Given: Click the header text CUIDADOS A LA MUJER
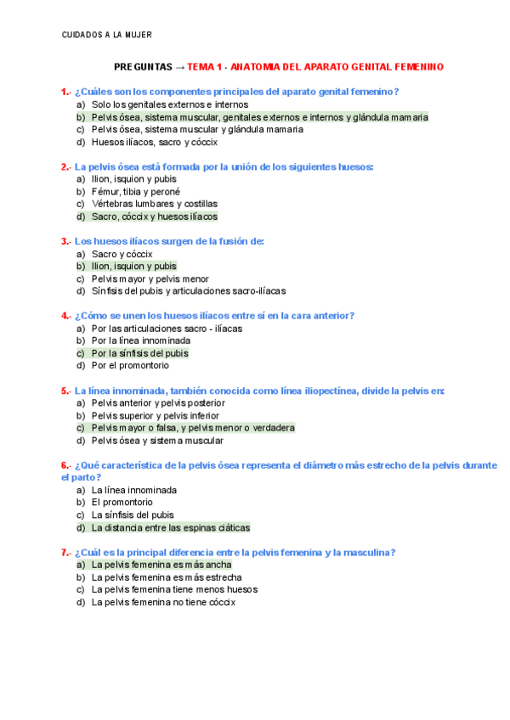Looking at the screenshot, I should (107, 35).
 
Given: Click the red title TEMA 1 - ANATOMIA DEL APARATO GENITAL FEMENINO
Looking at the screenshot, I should (314, 66).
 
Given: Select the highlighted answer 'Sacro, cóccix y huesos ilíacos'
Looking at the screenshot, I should (154, 217).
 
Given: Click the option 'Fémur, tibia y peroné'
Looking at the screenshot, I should (136, 192).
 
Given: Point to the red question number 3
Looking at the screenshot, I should (65, 241).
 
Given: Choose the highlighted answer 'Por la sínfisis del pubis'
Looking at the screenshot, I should (140, 353).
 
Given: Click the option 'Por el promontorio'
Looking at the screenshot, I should (130, 366).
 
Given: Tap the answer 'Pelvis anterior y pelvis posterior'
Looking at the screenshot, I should (158, 403).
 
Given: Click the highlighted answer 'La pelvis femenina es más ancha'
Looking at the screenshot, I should (161, 565).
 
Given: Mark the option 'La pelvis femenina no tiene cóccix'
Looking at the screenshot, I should (163, 602).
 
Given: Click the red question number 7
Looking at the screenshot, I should (65, 553).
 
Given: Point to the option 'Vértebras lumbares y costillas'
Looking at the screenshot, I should (154, 205).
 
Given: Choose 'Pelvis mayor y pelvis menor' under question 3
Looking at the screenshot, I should (150, 278).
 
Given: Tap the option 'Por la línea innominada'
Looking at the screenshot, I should (141, 340).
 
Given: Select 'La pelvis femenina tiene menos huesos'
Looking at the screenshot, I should (174, 589).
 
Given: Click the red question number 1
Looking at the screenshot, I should (65, 92).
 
